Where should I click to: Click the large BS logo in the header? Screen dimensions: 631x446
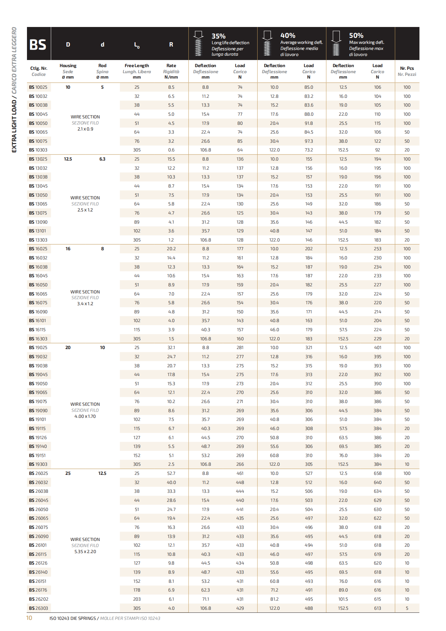[38, 45]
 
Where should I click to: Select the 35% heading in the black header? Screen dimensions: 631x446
[218, 36]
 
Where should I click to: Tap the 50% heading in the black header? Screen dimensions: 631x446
[356, 35]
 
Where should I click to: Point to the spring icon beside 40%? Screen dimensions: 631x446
[267, 44]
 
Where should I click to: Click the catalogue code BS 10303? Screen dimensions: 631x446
[38, 150]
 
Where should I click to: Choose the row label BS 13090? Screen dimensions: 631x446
[38, 222]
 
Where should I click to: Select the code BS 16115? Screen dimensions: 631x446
[37, 330]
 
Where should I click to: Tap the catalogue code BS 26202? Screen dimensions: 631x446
[38, 599]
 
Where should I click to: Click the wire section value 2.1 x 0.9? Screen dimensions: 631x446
[85, 129]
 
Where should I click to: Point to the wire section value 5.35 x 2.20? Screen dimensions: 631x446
[85, 552]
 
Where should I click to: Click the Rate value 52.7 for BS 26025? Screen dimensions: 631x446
[171, 474]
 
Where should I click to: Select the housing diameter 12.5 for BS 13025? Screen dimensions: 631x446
[68, 159]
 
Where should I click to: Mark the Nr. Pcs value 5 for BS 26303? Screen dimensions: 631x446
[407, 608]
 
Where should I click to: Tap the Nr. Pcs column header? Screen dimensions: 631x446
[407, 71]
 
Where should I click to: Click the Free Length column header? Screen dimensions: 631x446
[137, 66]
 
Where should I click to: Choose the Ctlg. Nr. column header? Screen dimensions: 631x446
[39, 68]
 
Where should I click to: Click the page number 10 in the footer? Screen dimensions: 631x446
[29, 618]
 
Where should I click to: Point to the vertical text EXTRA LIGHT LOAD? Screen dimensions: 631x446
[14, 126]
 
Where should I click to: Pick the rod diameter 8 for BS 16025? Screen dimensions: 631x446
[102, 249]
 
